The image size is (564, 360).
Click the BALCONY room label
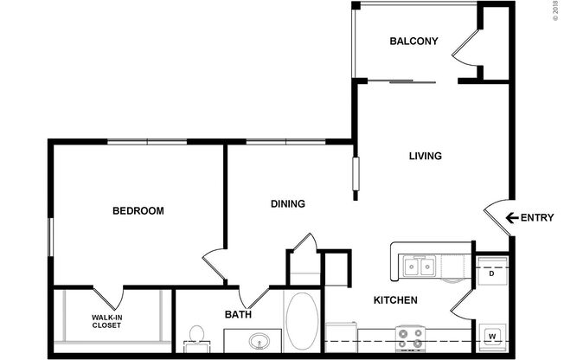[x=413, y=42]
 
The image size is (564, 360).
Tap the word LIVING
[x=426, y=157]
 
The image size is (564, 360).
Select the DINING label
[x=288, y=204]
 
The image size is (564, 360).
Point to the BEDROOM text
[x=138, y=210]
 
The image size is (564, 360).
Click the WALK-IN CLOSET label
[x=107, y=322]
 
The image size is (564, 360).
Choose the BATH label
[x=239, y=315]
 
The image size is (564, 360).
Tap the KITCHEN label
[x=395, y=300]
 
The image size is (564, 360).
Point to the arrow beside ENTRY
[x=511, y=218]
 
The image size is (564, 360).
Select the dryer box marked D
[x=491, y=274]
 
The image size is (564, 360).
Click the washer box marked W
[x=491, y=336]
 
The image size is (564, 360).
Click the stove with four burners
[x=409, y=337]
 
